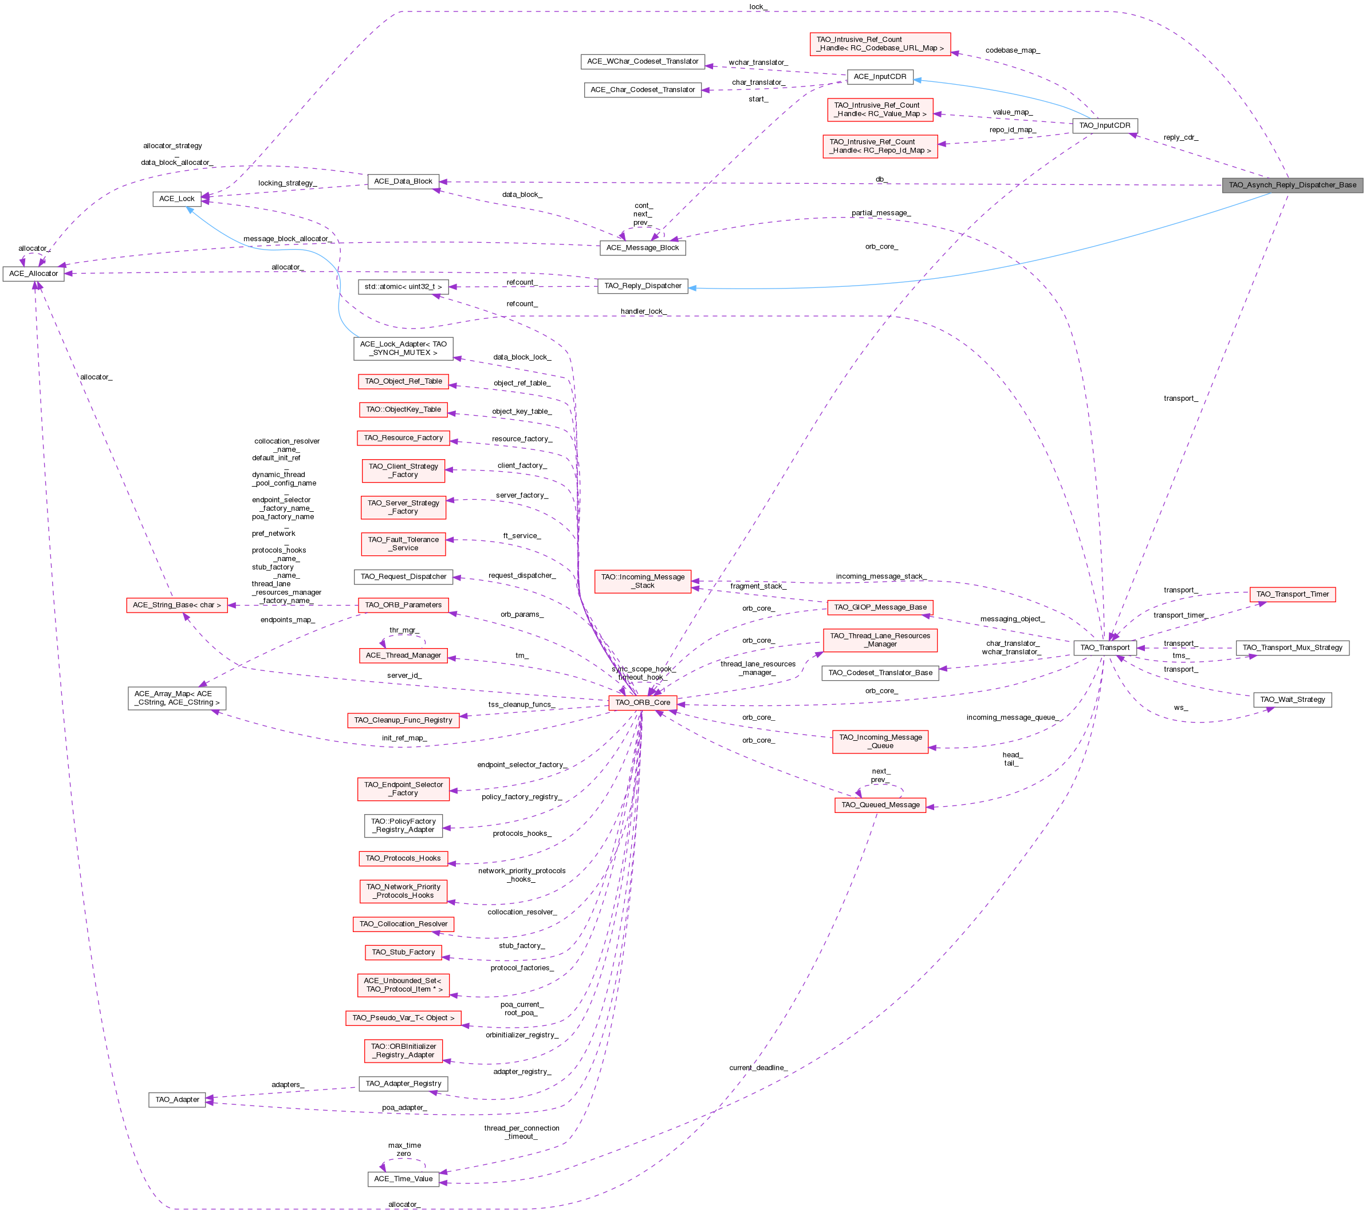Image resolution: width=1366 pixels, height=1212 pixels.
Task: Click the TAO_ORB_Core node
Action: [642, 702]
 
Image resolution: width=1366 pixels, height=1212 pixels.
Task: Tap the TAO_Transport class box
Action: [1105, 648]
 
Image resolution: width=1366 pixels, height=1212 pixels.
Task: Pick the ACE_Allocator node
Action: [33, 274]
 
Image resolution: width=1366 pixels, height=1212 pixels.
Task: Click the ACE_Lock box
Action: [176, 199]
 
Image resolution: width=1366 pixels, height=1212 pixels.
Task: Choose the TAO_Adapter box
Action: [177, 1099]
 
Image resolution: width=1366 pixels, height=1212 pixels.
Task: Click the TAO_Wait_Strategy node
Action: [1292, 700]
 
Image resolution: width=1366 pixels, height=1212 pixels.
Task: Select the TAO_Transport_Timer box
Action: [1292, 594]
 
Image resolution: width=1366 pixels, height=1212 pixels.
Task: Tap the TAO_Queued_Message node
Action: [880, 805]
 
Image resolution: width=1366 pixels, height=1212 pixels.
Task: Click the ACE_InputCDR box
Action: [880, 77]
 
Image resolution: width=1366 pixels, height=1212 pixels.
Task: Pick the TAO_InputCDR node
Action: [1104, 125]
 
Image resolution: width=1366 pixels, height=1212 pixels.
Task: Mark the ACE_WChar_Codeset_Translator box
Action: [642, 61]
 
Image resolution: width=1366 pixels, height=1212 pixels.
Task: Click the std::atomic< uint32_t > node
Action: [403, 287]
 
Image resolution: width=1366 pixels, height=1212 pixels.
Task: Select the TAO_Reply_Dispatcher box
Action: [642, 286]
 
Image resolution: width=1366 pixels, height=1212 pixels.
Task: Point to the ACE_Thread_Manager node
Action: [403, 656]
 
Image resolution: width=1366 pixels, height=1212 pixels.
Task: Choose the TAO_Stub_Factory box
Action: [403, 952]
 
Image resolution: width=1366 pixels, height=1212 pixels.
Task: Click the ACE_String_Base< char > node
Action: [176, 605]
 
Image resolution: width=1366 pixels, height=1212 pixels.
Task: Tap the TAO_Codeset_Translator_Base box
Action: [880, 673]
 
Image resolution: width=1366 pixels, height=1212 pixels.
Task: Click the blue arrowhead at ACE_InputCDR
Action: [918, 80]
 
